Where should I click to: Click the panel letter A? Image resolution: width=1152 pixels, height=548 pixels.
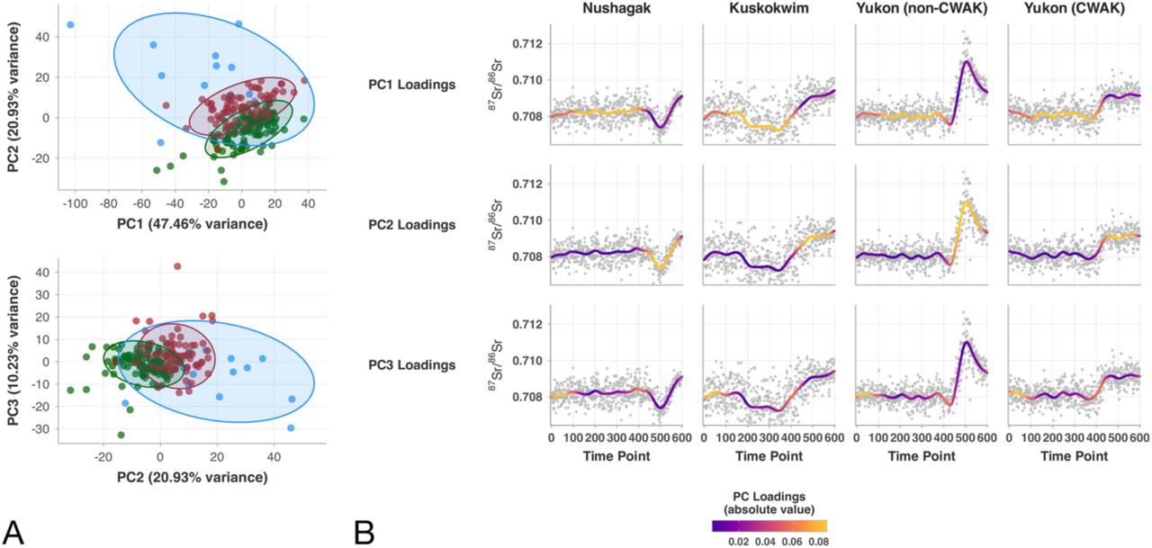coord(13,531)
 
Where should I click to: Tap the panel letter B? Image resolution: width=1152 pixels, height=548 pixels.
coord(365,531)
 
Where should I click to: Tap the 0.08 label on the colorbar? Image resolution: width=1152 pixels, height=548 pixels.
coord(816,542)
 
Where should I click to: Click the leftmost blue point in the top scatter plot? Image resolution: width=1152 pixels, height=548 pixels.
coord(70,24)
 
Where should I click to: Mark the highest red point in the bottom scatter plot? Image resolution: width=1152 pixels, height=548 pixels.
coord(177,266)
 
